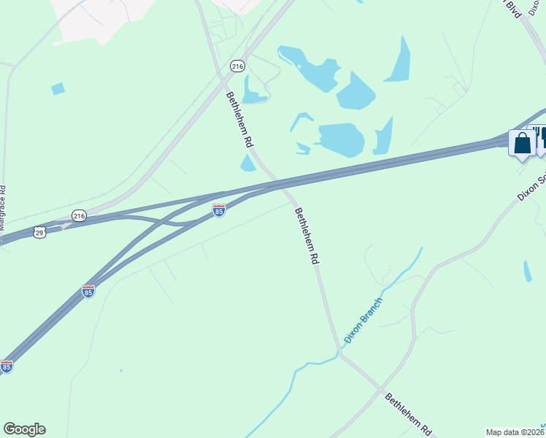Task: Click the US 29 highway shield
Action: tap(39, 231)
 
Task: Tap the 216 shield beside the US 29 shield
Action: tap(79, 215)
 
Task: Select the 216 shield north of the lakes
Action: tap(237, 66)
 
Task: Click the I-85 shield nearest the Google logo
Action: tap(7, 366)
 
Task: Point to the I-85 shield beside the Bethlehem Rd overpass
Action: tap(219, 210)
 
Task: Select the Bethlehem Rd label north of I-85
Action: tap(239, 120)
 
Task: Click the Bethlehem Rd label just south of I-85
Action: tap(307, 235)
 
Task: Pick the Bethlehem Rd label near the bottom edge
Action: tap(409, 413)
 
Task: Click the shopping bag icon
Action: tap(522, 143)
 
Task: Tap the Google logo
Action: tap(24, 429)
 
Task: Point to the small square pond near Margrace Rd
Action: tap(58, 88)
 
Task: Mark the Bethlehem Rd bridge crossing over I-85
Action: tap(282, 185)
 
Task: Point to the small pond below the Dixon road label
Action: tap(527, 271)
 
